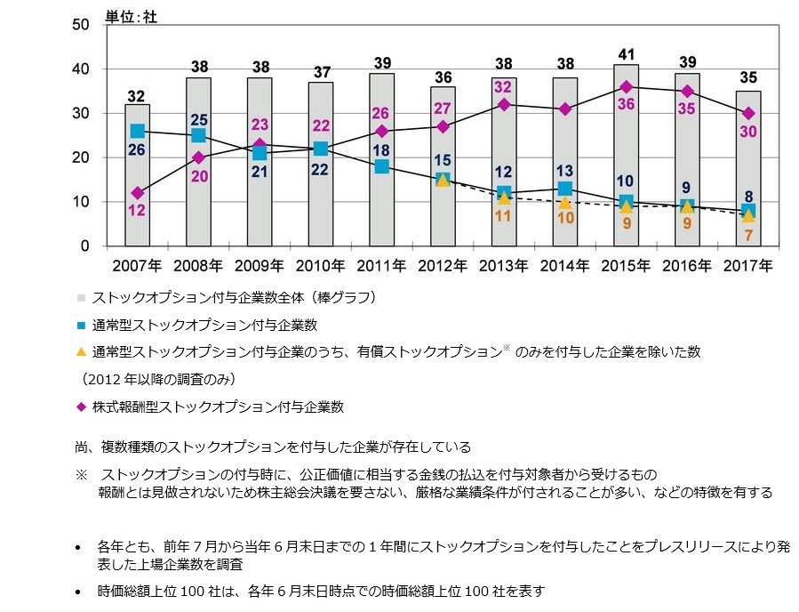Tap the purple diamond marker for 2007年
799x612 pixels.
point(137,193)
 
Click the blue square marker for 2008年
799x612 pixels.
point(198,135)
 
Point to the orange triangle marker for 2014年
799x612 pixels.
point(564,202)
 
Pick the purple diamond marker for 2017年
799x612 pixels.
point(748,113)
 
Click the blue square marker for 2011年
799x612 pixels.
point(381,166)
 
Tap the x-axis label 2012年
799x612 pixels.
point(443,265)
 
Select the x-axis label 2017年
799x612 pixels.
point(748,265)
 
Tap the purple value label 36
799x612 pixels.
point(626,104)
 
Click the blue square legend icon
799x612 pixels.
point(82,325)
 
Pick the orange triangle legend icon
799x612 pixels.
point(82,351)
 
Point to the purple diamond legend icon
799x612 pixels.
point(82,407)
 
